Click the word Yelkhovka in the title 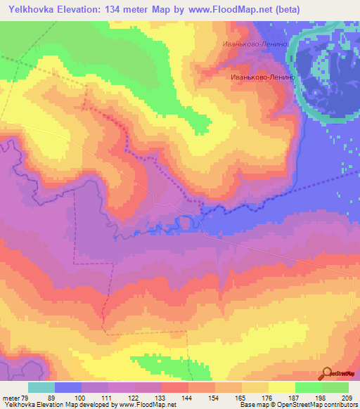coord(32,10)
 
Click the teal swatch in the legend coord(41,387)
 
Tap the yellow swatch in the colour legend coord(282,387)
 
